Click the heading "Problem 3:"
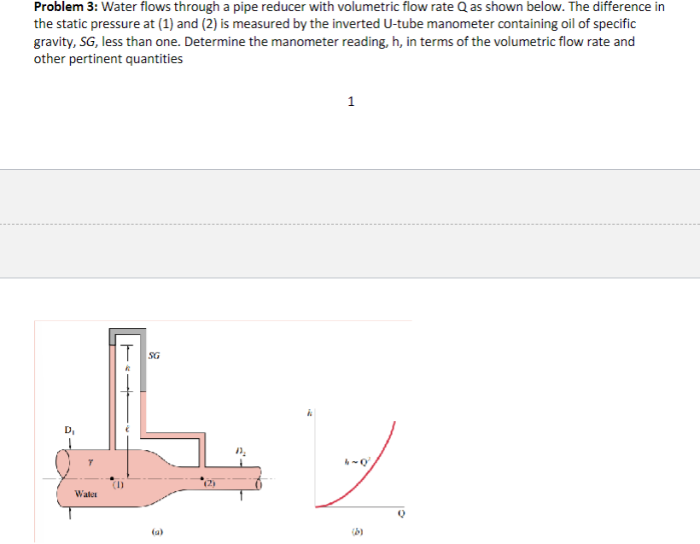pos(66,6)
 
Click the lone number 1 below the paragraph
pos(351,102)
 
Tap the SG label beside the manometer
pos(154,354)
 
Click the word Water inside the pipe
pos(86,494)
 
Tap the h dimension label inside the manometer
pos(127,367)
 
